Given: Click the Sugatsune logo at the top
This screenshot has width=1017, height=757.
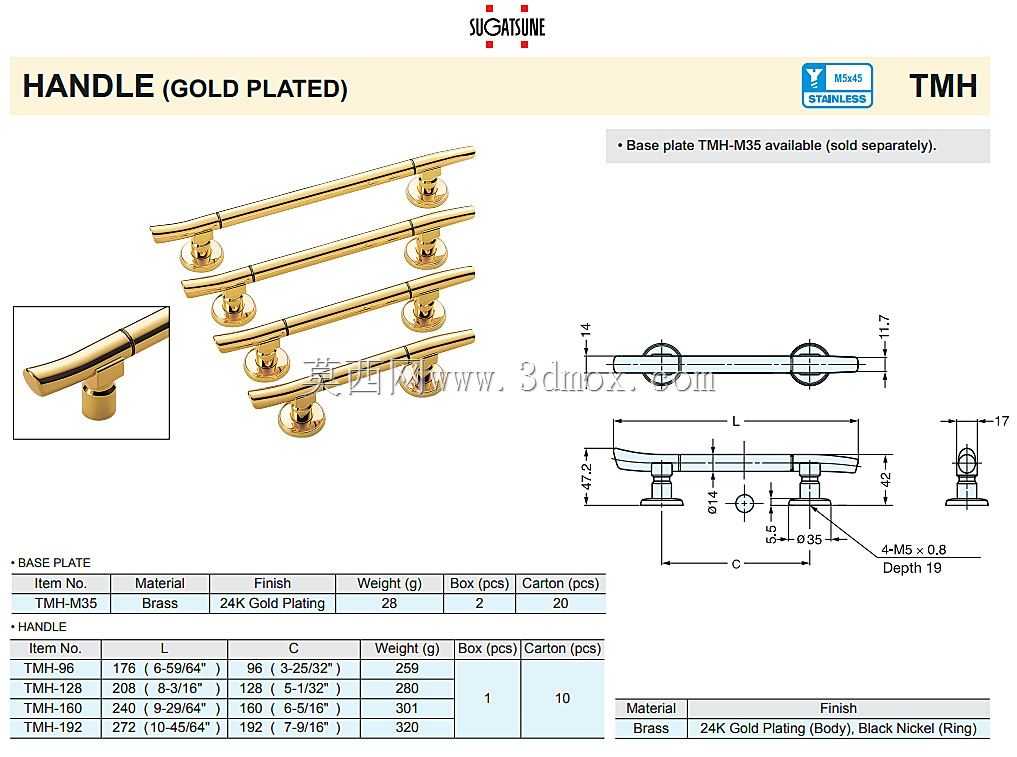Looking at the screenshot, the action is point(507,26).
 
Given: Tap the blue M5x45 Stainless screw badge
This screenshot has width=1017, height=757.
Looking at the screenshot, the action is point(837,85).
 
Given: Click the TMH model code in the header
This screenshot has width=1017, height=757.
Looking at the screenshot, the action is point(942,86).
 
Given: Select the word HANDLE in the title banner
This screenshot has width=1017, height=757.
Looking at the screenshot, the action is point(88,86).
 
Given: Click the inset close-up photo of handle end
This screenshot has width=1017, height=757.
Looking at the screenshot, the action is point(91,373).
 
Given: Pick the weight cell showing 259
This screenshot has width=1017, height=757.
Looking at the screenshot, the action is point(407,668).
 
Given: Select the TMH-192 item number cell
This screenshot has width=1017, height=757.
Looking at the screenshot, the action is point(53,727).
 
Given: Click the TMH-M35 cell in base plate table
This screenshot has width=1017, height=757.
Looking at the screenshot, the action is point(66,603).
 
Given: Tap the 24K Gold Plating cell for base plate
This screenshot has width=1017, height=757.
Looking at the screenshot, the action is point(272,603).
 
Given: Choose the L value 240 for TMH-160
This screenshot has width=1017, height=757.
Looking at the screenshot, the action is point(123,708).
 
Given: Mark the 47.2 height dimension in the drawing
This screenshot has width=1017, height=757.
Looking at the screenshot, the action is point(586,477).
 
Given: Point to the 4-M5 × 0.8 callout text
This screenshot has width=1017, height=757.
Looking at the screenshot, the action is point(913,549).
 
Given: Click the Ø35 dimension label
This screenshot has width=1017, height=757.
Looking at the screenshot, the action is point(809,539).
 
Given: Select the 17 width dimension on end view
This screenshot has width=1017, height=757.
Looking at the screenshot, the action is point(1001,421).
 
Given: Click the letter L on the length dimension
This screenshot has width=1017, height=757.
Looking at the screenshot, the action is point(736,422).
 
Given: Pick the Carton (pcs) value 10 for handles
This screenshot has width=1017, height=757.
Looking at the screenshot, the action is point(562,698).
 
